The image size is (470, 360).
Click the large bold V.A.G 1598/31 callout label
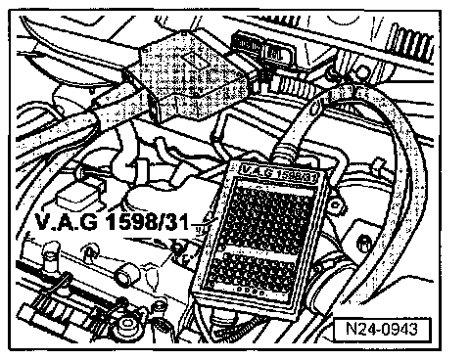click(x=112, y=223)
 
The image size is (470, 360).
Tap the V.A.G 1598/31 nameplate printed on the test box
click(x=279, y=172)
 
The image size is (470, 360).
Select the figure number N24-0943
click(x=382, y=329)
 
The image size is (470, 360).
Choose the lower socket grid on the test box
click(x=252, y=271)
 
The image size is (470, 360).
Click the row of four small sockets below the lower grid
click(x=251, y=291)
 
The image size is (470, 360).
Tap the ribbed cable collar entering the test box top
click(x=286, y=152)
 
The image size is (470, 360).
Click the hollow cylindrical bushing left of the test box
click(x=126, y=276)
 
